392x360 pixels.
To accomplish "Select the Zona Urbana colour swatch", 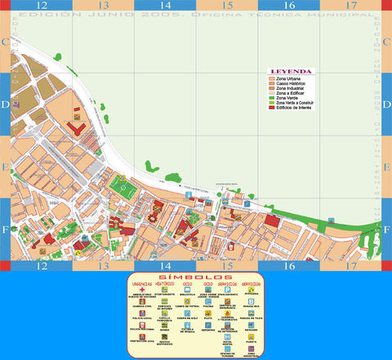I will coord(273,78).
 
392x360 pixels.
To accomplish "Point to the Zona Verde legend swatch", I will coord(273,96).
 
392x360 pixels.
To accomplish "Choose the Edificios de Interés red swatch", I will coord(273,108).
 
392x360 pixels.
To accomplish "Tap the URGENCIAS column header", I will coord(141,283).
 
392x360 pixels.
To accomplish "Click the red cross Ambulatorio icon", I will coord(141,290).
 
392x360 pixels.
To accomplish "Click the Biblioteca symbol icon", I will coord(186,290).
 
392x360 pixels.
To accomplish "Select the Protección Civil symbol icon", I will coord(141,336).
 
